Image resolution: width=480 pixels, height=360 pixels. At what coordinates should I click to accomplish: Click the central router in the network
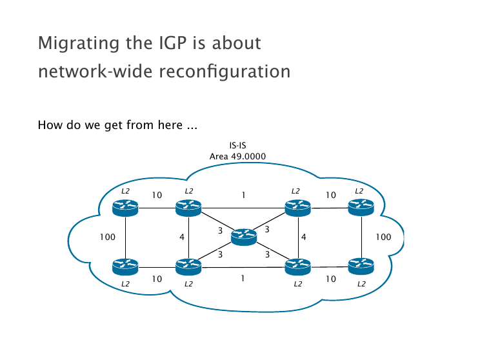(x=243, y=237)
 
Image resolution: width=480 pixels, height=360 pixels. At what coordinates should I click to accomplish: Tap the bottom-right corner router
(x=361, y=265)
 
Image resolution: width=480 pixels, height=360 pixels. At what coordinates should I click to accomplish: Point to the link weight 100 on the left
(x=108, y=237)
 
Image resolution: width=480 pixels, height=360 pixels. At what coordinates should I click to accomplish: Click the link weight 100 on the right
(x=383, y=237)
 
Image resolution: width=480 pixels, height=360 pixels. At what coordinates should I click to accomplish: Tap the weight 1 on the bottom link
(x=242, y=279)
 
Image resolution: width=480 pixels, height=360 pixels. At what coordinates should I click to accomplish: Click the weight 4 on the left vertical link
(x=182, y=237)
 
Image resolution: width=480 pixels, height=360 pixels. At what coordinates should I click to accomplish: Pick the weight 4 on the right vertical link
(x=303, y=237)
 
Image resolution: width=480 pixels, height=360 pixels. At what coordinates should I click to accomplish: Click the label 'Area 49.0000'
(x=238, y=156)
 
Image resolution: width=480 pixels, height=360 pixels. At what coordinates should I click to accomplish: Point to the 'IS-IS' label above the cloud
(x=238, y=146)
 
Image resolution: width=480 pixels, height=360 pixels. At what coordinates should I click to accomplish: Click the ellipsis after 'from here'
(x=192, y=125)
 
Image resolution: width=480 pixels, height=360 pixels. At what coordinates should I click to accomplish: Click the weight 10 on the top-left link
(x=157, y=195)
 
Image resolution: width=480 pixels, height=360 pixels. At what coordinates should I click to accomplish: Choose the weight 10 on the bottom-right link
(x=331, y=279)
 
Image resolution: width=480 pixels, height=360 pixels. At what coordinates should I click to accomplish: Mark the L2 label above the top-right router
(x=359, y=191)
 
